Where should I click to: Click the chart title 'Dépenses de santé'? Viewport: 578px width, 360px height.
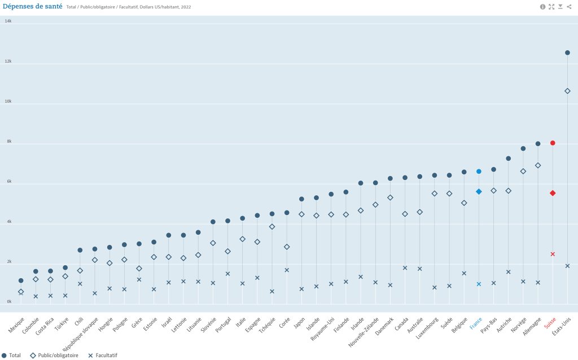[32, 6]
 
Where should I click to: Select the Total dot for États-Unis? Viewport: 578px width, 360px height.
[567, 52]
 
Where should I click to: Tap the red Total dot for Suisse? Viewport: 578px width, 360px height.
[553, 143]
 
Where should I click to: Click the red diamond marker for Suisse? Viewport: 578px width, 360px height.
[553, 193]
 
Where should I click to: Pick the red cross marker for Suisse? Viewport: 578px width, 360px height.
[553, 254]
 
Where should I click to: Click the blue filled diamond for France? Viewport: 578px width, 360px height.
[479, 191]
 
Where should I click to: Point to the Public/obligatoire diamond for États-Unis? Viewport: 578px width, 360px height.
[567, 91]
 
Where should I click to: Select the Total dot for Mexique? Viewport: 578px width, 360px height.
[21, 280]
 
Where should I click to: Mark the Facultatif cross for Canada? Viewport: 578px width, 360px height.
[405, 267]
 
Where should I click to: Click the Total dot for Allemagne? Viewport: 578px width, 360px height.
[538, 143]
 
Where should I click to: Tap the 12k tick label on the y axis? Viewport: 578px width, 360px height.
[8, 61]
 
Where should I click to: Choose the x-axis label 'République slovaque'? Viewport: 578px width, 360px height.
[85, 331]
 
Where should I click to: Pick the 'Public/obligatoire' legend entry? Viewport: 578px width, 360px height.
[58, 355]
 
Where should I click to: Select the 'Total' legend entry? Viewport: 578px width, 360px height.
[12, 355]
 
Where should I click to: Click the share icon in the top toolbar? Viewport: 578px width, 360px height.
[569, 7]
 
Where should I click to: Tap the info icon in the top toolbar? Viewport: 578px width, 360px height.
[543, 7]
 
